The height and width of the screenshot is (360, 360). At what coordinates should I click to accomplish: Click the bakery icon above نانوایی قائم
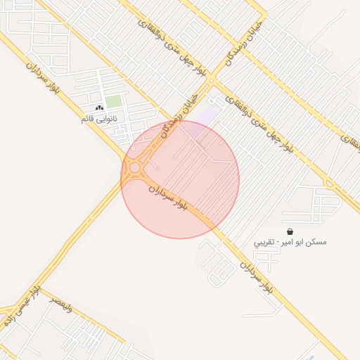98,108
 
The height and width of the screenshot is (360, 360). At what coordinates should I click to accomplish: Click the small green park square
113,102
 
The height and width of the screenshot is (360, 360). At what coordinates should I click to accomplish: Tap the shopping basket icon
290,231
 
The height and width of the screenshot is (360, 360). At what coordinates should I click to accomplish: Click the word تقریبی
265,242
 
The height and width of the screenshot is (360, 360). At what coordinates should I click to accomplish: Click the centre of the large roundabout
134,168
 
